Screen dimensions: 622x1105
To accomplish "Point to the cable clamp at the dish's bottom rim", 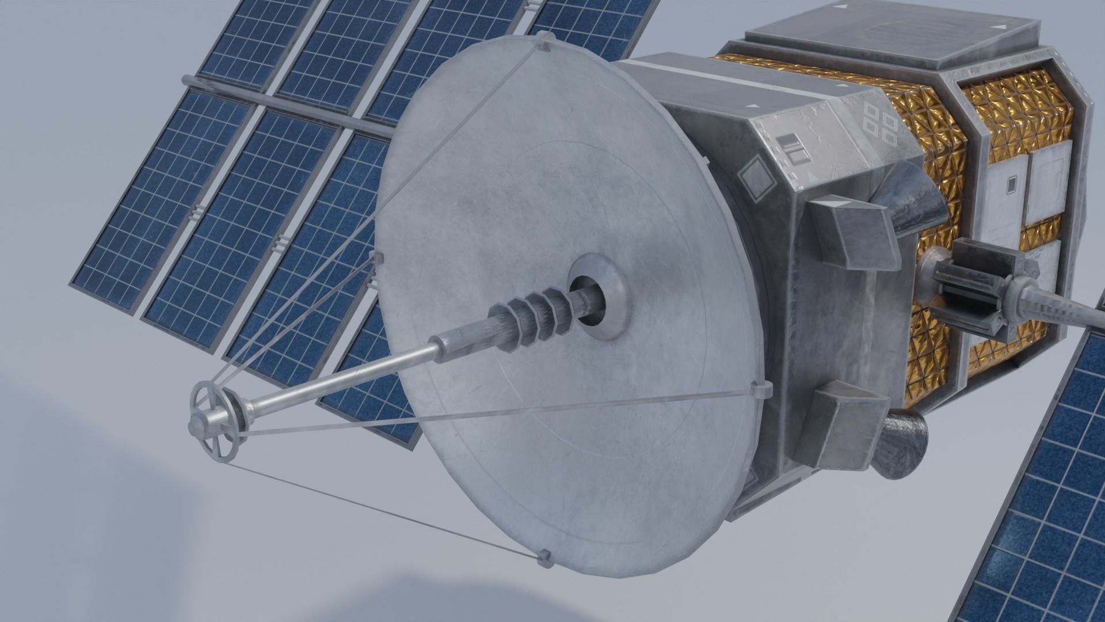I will [x=543, y=557].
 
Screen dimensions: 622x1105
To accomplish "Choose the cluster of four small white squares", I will [x=881, y=124].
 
